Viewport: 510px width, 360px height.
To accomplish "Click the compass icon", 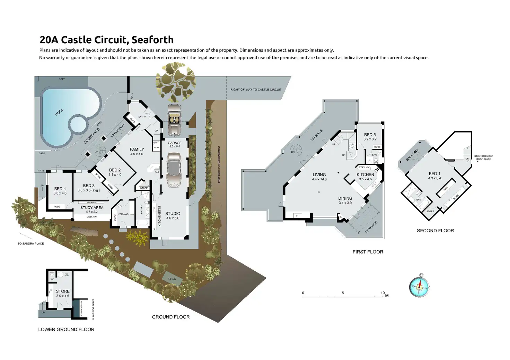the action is pos(419,286).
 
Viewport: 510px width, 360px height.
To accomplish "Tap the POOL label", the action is pos(60,112).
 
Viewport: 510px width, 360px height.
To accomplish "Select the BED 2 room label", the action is pos(115,170).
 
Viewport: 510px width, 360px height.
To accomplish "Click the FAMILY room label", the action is pos(137,150).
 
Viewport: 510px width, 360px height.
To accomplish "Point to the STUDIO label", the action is pos(173,214).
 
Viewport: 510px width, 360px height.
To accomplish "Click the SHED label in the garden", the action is pos(172,279).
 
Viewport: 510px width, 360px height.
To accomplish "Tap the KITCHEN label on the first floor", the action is pos(365,174).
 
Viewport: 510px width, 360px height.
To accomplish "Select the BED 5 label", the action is pos(370,135).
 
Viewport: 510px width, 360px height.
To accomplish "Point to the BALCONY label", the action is pos(412,154).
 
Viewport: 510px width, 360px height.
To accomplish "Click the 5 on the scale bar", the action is pos(343,293).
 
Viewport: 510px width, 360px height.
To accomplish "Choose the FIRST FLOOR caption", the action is pos(368,252).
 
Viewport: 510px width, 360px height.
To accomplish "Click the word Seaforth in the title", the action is pos(152,40).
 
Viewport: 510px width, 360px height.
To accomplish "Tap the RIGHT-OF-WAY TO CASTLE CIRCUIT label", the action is pos(256,90).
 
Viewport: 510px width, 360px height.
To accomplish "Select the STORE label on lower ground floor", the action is pos(63,291).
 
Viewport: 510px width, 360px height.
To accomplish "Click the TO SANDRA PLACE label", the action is pos(31,244).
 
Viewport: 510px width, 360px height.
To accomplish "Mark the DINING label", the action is pos(345,198).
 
